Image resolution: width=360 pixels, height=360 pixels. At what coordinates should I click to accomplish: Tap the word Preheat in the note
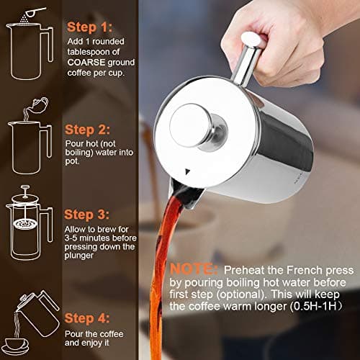click(x=244, y=269)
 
